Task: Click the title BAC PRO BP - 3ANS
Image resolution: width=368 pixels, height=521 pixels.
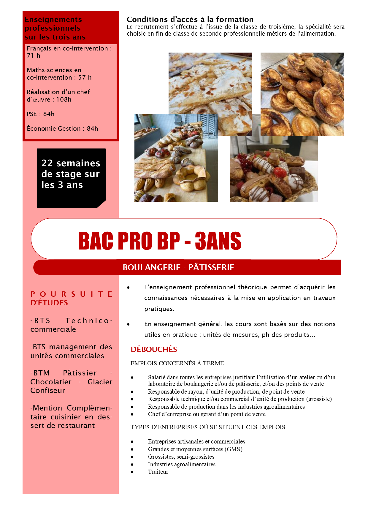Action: coord(160,240)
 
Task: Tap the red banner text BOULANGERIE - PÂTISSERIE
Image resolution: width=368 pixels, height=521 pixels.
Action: coord(178,267)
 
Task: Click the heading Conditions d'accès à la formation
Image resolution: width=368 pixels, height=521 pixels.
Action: coord(190,20)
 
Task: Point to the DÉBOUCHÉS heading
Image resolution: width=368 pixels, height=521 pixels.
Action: coord(154,349)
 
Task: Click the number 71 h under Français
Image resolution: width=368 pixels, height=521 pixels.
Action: coord(33,56)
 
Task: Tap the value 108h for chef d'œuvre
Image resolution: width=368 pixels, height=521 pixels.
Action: coord(64,100)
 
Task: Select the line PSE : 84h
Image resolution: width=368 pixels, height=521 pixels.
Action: coord(40,114)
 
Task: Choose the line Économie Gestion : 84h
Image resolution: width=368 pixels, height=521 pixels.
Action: coord(62,129)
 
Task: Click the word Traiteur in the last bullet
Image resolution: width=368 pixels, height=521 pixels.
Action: coord(158,472)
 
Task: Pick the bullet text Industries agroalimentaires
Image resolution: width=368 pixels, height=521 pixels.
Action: coord(182,464)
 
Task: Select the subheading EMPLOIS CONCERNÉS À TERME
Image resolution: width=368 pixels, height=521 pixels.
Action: coord(177,363)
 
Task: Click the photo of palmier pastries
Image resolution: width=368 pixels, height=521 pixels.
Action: coord(302,94)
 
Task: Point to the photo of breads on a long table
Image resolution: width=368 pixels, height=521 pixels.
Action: coord(176,158)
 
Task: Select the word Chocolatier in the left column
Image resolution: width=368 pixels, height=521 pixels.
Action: coord(51,382)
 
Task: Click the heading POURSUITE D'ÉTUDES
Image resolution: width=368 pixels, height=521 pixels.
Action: coord(71,298)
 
